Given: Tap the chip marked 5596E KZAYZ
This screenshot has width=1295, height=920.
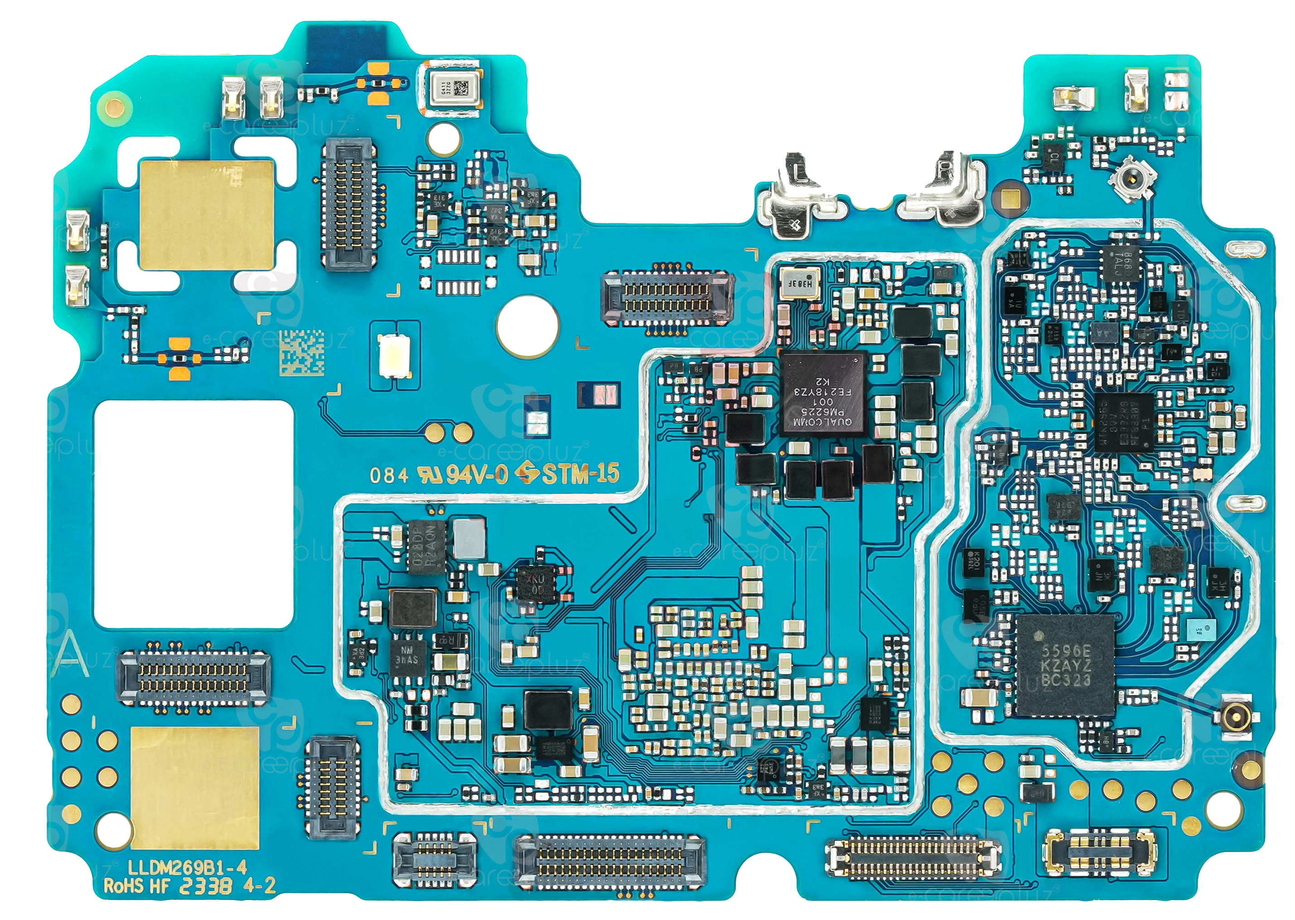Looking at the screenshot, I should (1065, 665).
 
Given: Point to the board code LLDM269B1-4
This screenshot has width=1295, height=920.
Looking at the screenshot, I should (187, 867).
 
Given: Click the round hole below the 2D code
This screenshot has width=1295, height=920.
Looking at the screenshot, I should (527, 328).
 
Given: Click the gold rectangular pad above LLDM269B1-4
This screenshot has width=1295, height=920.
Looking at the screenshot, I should (194, 787).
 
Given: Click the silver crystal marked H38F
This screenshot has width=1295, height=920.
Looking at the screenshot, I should (800, 283).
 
